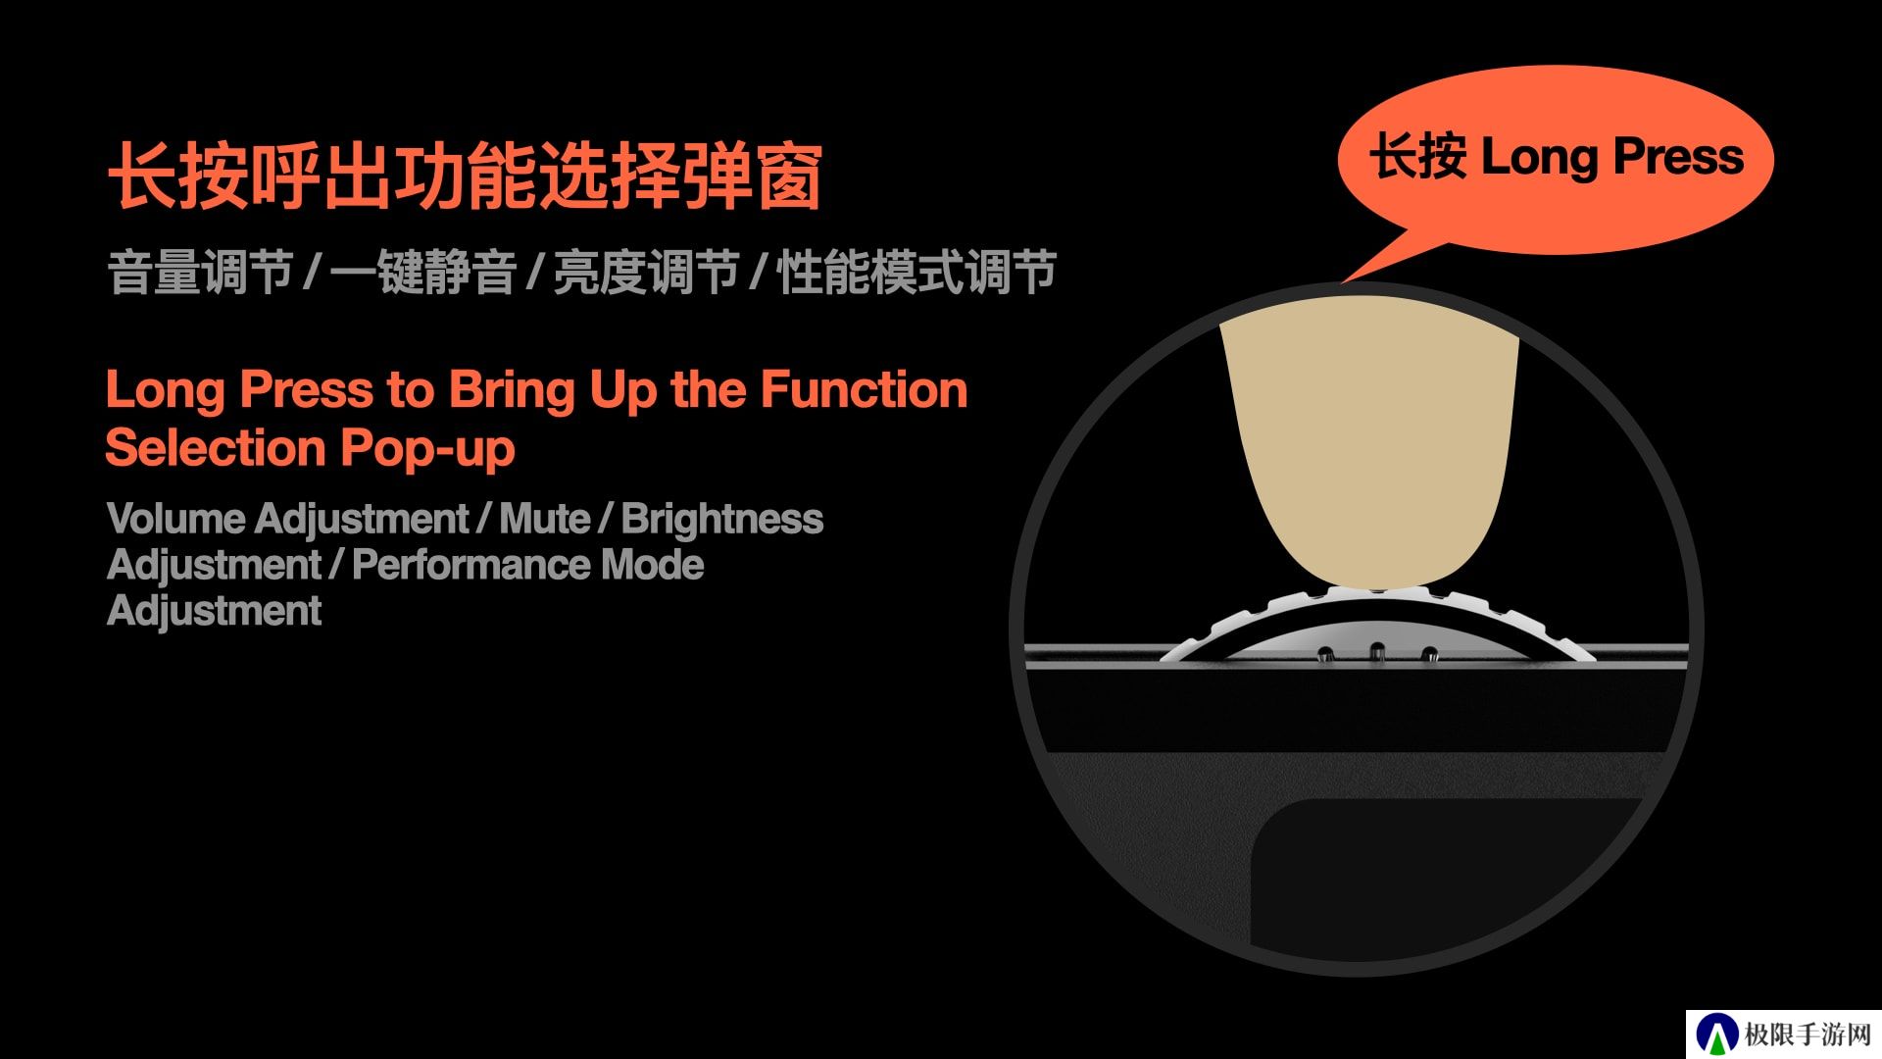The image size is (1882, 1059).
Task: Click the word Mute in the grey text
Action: click(545, 519)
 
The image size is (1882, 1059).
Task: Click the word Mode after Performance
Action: click(653, 565)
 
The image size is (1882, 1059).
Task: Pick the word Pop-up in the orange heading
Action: click(427, 450)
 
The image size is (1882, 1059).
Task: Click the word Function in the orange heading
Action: click(864, 389)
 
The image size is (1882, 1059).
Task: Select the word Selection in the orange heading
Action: click(215, 448)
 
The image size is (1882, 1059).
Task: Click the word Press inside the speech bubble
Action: click(1678, 156)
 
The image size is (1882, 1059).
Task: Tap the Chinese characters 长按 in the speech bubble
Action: click(1418, 157)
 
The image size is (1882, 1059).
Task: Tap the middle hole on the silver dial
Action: click(1376, 651)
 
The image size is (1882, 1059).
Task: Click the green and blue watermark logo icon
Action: click(1716, 1035)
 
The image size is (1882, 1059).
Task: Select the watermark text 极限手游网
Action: click(1808, 1034)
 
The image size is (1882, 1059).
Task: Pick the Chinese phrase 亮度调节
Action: click(646, 272)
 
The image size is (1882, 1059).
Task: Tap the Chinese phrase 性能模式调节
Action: click(916, 272)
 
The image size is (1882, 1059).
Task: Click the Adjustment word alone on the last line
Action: click(214, 611)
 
